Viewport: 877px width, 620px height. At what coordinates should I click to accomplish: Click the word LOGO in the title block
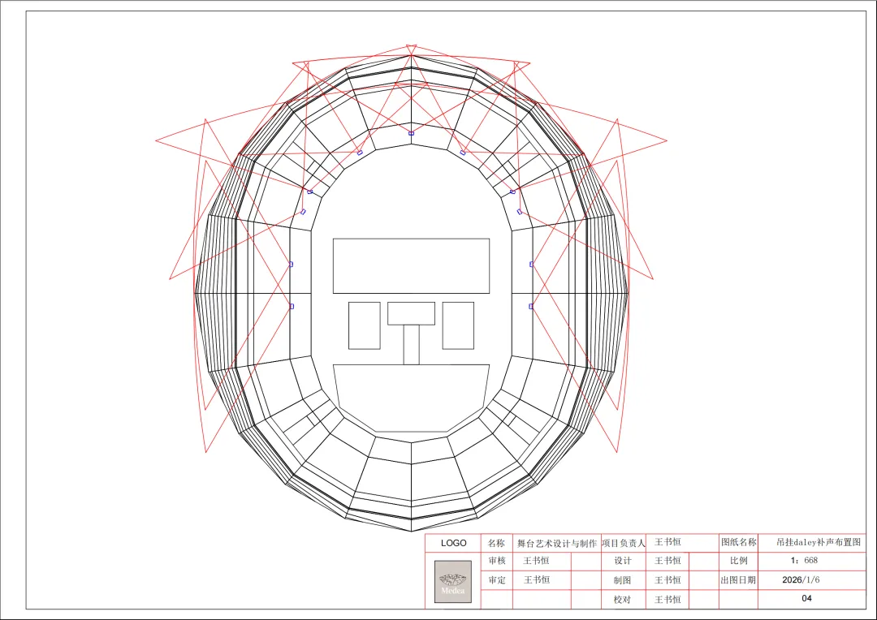[454, 543]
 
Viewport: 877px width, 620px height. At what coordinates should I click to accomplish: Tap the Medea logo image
[453, 581]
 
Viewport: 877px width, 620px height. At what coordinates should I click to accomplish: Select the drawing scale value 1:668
[804, 560]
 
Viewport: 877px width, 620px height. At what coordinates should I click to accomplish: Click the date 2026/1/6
[801, 579]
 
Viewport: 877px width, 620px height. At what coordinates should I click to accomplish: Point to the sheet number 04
[806, 598]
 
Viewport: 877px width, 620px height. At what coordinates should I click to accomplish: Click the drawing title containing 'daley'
[819, 542]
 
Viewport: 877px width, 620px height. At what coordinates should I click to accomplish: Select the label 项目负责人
[623, 543]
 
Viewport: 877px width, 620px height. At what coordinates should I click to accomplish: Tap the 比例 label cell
[738, 560]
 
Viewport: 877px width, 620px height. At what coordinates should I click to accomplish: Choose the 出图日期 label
[738, 579]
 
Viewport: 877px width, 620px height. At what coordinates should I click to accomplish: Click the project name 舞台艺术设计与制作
[556, 543]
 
